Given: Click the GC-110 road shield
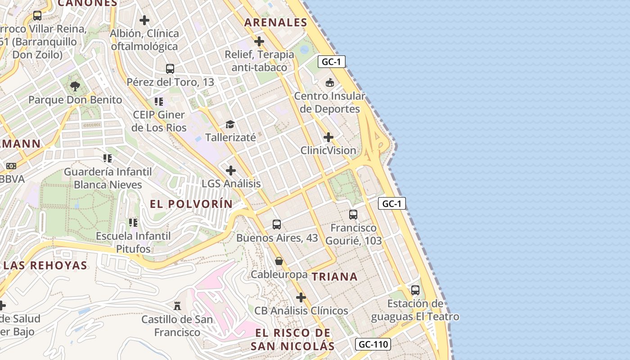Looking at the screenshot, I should pos(373,345).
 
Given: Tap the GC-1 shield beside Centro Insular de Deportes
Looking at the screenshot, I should pos(332,62).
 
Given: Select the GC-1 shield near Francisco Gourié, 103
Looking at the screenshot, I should pos(391,203).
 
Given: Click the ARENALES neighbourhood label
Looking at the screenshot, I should pos(276,22).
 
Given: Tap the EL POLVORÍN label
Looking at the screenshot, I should pos(191,204).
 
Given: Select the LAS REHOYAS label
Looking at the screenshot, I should pos(45,265).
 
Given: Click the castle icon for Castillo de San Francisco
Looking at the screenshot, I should pos(177,306).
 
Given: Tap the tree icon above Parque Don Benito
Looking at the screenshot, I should pos(75,86).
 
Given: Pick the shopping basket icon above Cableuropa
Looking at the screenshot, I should pos(279,261).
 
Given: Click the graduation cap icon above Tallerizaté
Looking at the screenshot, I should pos(230,124).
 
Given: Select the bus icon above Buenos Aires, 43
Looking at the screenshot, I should pos(277,224).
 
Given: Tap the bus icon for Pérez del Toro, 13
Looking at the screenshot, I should pos(170,68).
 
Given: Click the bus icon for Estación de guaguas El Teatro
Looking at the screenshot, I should pos(415,290).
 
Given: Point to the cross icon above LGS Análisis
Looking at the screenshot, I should pos(231,171).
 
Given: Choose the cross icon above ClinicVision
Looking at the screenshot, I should pos(328,137).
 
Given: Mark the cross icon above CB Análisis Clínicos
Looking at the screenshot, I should pos(301,297).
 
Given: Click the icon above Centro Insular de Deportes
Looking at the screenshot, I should pos(330,82).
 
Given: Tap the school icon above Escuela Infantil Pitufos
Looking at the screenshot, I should pos(133,222).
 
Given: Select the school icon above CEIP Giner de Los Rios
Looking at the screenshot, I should pos(158,101).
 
